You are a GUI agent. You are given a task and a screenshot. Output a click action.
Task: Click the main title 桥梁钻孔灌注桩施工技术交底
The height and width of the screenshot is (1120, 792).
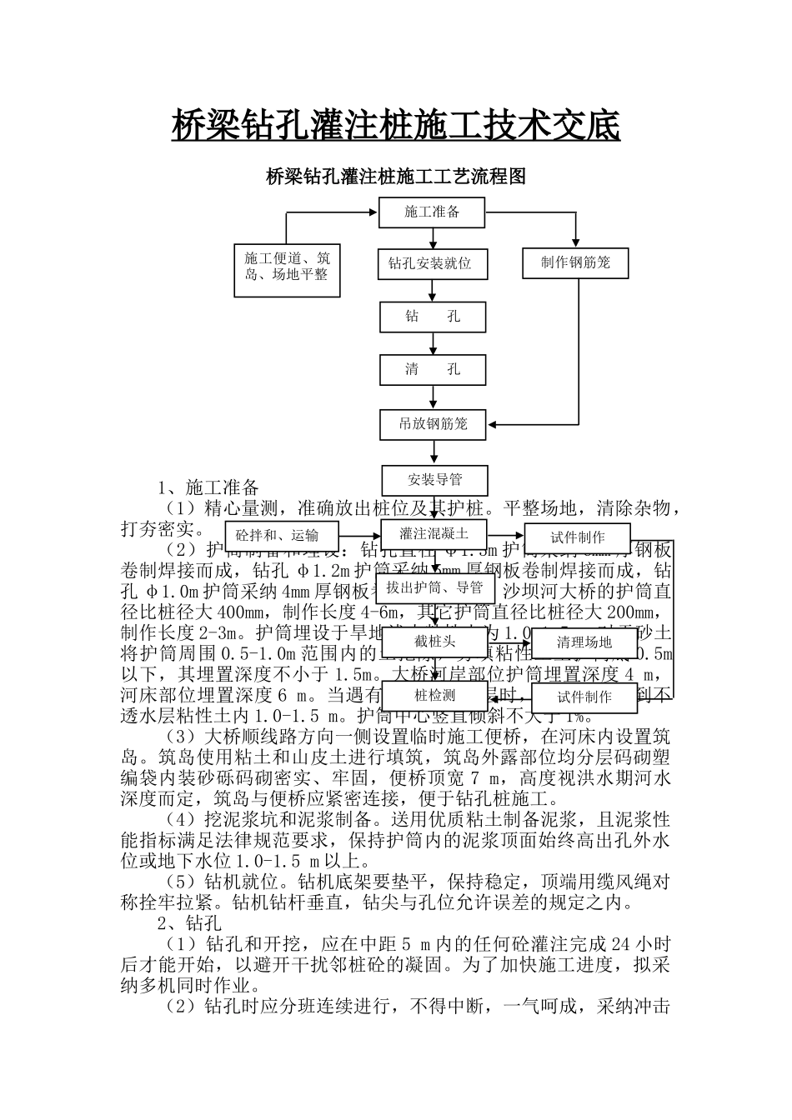tap(395, 127)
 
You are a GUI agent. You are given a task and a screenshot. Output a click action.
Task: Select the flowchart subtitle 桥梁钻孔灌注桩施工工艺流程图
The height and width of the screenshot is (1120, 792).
tap(395, 177)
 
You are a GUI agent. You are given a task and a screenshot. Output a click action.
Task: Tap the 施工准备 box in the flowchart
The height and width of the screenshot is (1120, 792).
tap(432, 212)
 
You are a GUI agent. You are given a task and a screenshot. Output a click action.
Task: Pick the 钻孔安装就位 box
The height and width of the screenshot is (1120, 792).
tap(431, 264)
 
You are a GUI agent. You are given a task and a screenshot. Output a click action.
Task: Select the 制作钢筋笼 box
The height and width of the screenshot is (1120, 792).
tap(575, 263)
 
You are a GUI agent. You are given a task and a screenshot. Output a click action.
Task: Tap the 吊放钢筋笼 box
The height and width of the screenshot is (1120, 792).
tap(433, 424)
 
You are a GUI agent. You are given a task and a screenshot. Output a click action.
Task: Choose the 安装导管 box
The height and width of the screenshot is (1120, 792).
tap(434, 480)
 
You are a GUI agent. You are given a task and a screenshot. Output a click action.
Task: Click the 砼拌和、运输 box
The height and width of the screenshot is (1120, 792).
tap(276, 535)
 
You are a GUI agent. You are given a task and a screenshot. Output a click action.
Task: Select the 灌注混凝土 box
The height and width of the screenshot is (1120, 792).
tap(434, 534)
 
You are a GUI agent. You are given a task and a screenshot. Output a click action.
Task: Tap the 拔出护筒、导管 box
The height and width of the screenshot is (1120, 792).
tap(434, 587)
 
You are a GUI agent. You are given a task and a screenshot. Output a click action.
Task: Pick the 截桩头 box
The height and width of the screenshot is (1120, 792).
tap(434, 642)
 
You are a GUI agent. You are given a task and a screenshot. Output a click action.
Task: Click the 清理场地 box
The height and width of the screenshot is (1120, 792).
tap(584, 642)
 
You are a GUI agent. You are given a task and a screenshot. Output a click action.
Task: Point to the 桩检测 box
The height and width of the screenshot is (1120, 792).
tap(434, 696)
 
